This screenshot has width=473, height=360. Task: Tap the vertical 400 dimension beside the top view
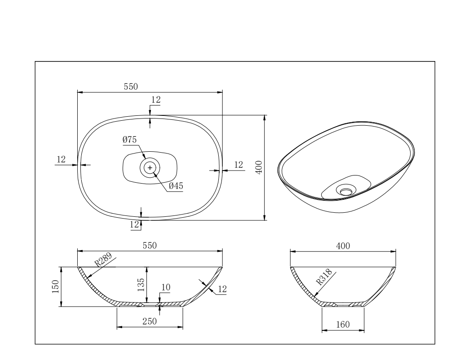(259, 167)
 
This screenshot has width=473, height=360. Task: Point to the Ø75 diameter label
(129, 140)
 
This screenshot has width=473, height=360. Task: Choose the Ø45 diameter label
(176, 186)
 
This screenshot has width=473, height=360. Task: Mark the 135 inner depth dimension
(141, 284)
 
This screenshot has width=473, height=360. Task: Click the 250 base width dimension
(150, 321)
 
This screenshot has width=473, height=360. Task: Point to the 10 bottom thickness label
(166, 287)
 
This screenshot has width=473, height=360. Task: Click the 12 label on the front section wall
(221, 290)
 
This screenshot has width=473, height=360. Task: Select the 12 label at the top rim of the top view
(156, 100)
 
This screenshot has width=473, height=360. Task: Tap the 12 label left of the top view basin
(61, 159)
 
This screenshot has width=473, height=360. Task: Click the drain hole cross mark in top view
(150, 167)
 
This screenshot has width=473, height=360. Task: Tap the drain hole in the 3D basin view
(345, 191)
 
